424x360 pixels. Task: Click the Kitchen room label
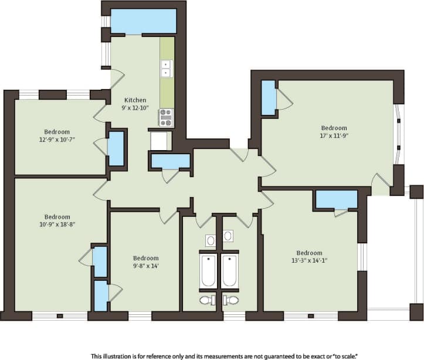pyautogui.click(x=135, y=100)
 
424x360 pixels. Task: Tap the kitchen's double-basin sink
pyautogui.click(x=167, y=69)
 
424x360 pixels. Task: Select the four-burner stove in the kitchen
pyautogui.click(x=166, y=117)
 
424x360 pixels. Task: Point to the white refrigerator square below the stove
pyautogui.click(x=159, y=141)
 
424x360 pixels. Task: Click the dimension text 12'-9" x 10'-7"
pyautogui.click(x=57, y=140)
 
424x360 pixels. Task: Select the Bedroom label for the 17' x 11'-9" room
pyautogui.click(x=334, y=128)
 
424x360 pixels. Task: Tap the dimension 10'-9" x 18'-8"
pyautogui.click(x=57, y=224)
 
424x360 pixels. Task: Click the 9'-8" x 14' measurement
pyautogui.click(x=145, y=266)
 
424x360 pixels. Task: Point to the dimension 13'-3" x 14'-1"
pyautogui.click(x=309, y=261)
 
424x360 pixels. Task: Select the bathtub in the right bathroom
pyautogui.click(x=230, y=271)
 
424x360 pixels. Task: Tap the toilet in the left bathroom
pyautogui.click(x=207, y=300)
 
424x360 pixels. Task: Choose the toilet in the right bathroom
pyautogui.click(x=232, y=300)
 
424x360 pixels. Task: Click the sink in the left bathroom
pyautogui.click(x=211, y=239)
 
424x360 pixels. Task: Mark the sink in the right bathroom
pyautogui.click(x=229, y=236)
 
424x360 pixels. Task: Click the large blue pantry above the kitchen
pyautogui.click(x=144, y=22)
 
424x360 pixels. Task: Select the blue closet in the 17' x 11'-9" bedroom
pyautogui.click(x=268, y=98)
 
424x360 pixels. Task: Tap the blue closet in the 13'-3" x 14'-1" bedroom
pyautogui.click(x=337, y=199)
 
